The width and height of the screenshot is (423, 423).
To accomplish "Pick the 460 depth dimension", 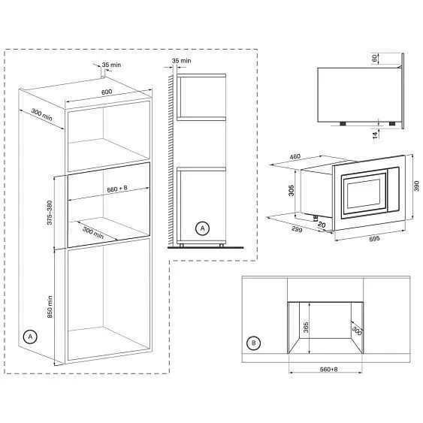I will [295, 157].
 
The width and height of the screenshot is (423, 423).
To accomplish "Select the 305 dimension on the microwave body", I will [291, 191].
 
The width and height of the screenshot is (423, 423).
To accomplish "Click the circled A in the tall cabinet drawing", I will [29, 337].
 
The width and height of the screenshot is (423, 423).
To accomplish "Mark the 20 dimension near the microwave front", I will [321, 223].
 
